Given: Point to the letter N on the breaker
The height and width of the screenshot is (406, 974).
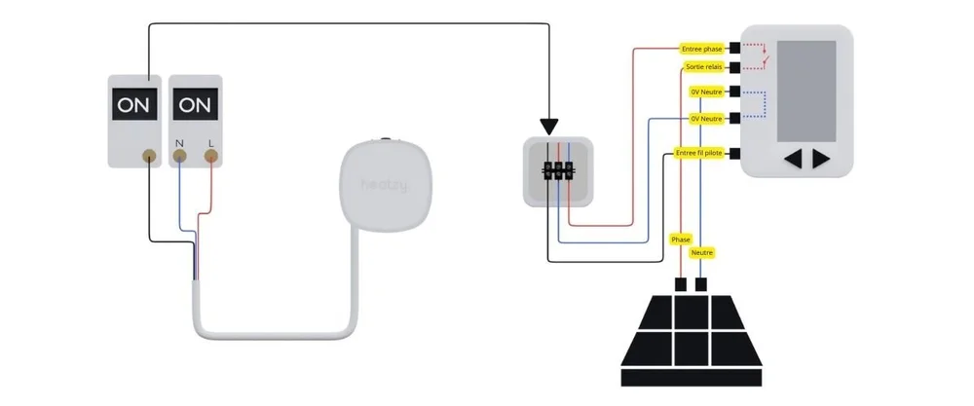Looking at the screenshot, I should coord(179,143).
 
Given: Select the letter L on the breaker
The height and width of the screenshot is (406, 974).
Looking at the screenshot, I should coord(211,143).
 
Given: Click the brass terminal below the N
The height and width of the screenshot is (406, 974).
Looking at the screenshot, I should coord(179,156).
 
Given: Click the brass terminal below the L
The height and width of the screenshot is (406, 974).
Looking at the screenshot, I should coord(211,156).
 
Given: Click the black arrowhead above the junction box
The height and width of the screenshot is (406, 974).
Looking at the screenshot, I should coord(550,127).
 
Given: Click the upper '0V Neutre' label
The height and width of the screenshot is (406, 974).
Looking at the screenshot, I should coord(706,92).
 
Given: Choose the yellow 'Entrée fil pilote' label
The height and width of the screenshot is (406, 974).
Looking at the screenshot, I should coord(700,154).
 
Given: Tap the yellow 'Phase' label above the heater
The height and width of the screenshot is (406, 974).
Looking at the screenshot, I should coord(681,239).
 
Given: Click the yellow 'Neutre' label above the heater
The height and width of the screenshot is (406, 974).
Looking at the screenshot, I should coord(701,252).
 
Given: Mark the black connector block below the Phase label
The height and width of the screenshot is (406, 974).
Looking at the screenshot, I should coord(681,285).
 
